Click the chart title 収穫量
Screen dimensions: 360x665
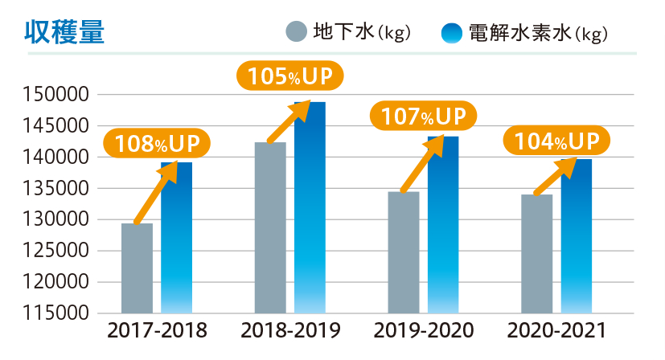(64, 32)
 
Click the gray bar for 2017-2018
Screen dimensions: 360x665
(137, 269)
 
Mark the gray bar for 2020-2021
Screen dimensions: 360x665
(536, 253)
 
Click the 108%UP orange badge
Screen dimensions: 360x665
(157, 145)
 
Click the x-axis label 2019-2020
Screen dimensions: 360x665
(424, 331)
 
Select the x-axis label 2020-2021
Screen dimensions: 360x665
(557, 331)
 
